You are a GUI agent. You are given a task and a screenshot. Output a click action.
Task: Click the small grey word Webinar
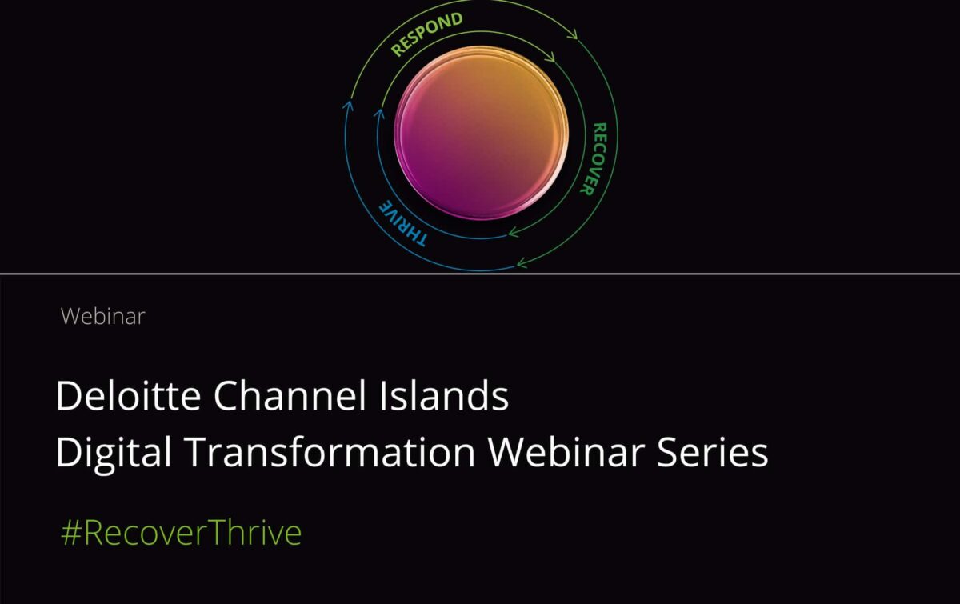103,316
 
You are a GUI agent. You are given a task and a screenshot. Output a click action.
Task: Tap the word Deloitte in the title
128,395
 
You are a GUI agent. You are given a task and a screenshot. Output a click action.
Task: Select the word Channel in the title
290,395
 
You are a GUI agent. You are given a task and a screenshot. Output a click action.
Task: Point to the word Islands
443,395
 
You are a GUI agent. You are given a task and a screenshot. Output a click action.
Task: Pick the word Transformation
330,452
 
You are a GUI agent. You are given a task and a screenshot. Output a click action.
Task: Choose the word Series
713,452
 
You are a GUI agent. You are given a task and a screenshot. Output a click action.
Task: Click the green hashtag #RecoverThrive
182,532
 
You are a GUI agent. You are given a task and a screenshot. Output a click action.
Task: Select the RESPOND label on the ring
427,34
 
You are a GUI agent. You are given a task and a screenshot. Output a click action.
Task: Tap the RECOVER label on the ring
594,159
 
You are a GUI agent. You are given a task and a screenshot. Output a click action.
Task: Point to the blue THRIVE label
402,224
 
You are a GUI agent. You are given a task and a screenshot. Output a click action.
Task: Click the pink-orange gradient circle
482,133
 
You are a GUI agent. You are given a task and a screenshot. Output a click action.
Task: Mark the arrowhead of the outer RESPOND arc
574,35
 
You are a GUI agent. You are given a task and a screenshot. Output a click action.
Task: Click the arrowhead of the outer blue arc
350,104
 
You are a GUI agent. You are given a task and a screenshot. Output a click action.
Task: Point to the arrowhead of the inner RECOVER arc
512,233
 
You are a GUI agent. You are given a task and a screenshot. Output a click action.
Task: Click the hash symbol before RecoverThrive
71,533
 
